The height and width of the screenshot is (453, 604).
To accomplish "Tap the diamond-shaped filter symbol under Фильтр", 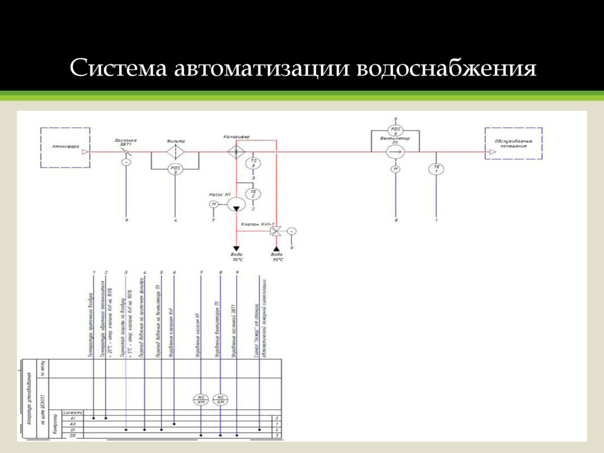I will click(x=176, y=152).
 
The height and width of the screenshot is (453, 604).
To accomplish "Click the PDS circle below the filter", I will click(x=175, y=169).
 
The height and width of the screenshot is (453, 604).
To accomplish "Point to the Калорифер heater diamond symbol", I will click(x=236, y=152).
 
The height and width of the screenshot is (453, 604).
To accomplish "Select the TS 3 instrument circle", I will click(x=253, y=163).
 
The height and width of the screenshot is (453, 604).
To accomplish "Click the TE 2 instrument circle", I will click(x=253, y=194).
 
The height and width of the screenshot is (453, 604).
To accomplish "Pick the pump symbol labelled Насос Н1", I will click(x=236, y=204).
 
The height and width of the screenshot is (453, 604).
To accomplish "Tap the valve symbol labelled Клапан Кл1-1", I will click(x=275, y=231).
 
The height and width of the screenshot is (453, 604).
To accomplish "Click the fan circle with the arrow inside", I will click(x=396, y=152).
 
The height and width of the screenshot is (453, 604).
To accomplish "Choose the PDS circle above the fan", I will click(x=396, y=130).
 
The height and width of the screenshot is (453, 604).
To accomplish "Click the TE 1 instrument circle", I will click(x=436, y=169).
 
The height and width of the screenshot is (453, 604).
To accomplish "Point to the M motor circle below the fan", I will click(x=396, y=169).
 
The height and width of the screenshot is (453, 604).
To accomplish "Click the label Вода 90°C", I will click(x=277, y=257).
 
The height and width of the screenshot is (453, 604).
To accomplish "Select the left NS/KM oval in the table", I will click(x=202, y=399).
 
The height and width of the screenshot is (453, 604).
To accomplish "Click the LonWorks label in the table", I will click(x=72, y=412).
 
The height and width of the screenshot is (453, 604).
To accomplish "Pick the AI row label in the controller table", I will click(x=73, y=418).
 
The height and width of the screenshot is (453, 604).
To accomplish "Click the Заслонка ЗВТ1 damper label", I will click(x=125, y=142).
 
